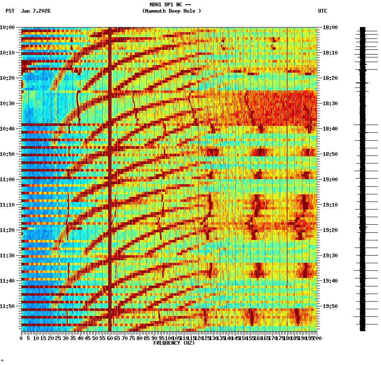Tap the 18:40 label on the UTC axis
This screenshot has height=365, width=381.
point(330,129)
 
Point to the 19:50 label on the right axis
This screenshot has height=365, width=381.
point(330,306)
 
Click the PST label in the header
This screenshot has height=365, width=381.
point(10,11)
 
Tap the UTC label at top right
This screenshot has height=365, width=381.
point(322,11)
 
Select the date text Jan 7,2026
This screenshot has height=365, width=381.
point(35,11)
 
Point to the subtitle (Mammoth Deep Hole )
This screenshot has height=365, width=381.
point(171,11)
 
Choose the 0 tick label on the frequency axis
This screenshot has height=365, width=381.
point(22,338)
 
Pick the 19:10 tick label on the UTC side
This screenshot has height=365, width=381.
point(330,205)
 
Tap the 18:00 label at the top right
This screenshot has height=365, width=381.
point(330,27)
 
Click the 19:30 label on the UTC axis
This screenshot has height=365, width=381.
point(330,256)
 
